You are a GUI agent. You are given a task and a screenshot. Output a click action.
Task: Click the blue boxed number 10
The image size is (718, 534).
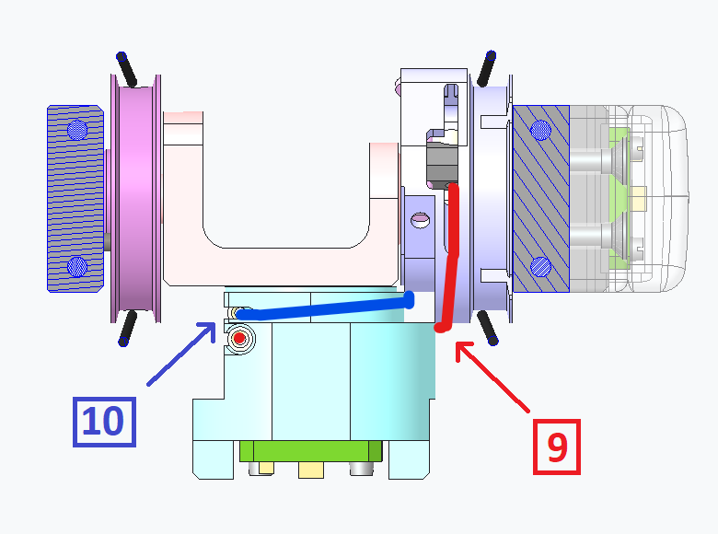[x=104, y=422]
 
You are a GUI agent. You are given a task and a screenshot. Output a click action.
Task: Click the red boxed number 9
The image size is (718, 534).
[x=557, y=447]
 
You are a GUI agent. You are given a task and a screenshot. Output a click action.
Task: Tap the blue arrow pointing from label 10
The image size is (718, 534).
[x=181, y=354]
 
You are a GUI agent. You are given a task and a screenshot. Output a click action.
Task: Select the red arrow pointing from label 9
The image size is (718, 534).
[x=492, y=377]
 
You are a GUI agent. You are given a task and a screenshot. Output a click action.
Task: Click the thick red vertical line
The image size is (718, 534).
[x=449, y=257]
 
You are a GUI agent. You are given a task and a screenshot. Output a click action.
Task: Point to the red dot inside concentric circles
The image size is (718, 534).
[x=239, y=339]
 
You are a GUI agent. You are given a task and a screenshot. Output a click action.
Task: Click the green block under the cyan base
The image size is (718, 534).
[x=311, y=451]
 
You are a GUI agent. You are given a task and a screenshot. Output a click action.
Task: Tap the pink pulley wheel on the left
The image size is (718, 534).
[x=136, y=198]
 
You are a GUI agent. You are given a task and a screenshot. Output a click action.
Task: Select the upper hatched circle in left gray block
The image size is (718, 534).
[x=77, y=130]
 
